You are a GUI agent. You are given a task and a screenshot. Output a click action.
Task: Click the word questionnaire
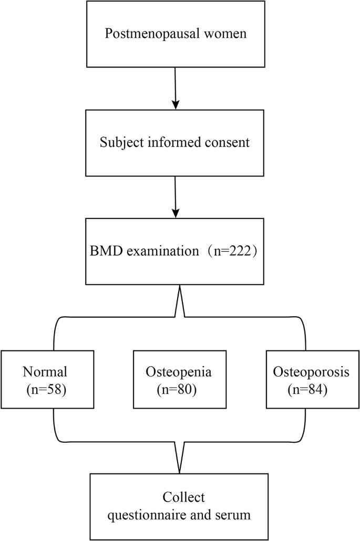point(150,515)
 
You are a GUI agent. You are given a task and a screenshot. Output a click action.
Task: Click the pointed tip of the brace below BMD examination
point(180,288)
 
